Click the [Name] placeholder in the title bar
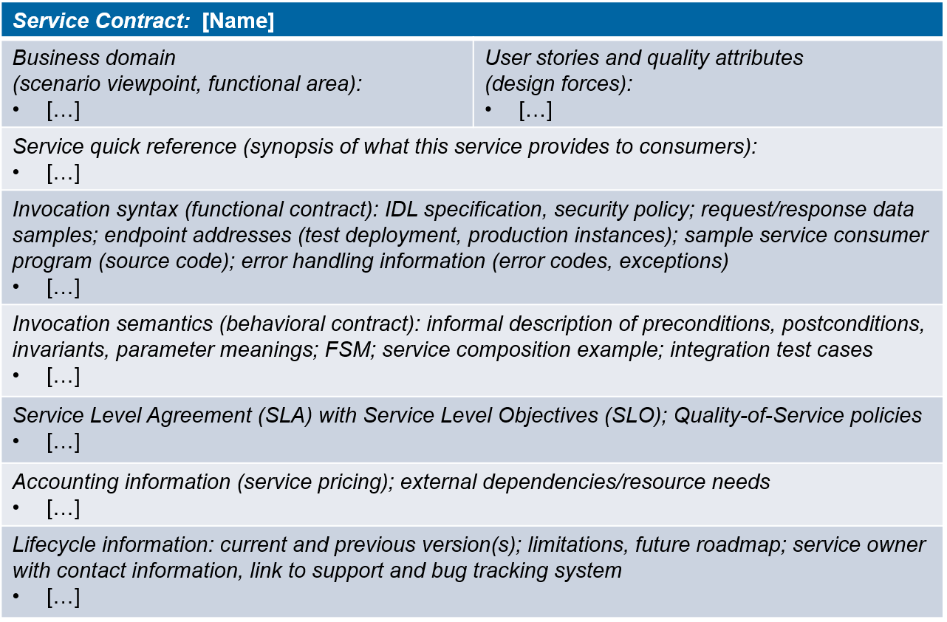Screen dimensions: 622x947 (238, 21)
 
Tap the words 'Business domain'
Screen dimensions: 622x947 (94, 58)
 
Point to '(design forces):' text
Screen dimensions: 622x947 (558, 83)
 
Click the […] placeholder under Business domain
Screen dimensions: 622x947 (63, 110)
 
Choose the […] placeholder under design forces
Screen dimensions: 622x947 (536, 110)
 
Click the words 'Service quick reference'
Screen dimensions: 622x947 (125, 146)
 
